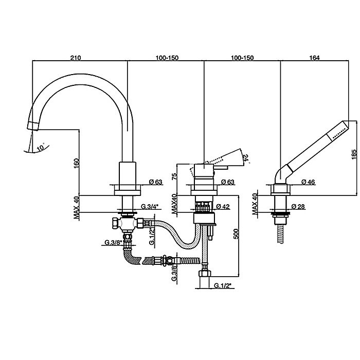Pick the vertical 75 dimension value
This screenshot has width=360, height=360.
174,176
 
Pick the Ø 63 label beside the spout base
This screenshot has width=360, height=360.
155,182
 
